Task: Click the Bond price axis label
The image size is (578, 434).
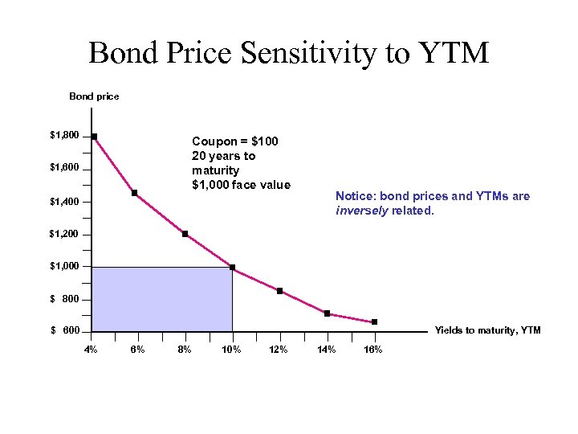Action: (x=94, y=96)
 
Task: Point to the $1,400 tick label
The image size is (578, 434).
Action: (x=64, y=202)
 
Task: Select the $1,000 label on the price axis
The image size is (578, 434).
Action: (x=64, y=267)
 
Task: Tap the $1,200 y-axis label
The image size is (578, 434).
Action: (x=64, y=235)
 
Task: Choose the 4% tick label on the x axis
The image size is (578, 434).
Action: (x=92, y=350)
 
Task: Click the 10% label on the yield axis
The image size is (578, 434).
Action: (x=232, y=350)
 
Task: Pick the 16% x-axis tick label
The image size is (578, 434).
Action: (x=373, y=350)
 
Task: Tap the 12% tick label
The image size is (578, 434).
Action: (x=279, y=350)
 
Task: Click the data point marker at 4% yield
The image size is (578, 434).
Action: (x=94, y=137)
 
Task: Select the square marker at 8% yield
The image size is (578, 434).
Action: (x=185, y=234)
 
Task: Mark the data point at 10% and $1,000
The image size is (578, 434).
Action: (x=232, y=268)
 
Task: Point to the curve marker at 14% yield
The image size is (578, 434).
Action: (x=327, y=313)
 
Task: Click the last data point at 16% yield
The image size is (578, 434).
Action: (x=374, y=322)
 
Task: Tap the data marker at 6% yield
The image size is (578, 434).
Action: (x=134, y=193)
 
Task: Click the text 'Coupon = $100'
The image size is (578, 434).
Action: (x=235, y=141)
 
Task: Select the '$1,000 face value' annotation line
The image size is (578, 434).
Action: (x=241, y=185)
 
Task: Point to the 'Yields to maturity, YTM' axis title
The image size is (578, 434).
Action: (x=487, y=330)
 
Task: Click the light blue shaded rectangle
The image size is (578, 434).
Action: (x=161, y=299)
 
